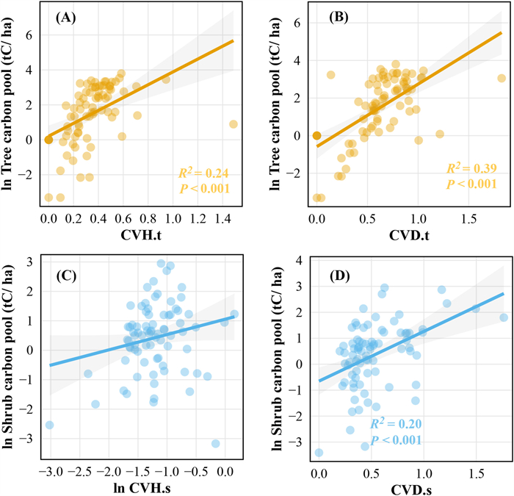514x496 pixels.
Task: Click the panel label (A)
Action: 65,18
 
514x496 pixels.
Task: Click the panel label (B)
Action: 339,18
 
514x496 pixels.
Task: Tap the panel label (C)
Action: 66,276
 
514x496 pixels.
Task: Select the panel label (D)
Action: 339,276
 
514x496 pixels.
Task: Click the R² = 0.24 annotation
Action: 203,173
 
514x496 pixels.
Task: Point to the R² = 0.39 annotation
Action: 471,168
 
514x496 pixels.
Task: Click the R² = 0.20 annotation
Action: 396,423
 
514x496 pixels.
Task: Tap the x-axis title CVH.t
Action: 141,235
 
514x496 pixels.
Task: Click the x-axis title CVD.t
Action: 409,235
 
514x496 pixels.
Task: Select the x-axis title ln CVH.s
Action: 142,488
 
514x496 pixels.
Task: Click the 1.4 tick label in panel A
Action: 223,218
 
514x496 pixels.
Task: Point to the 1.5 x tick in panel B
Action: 468,219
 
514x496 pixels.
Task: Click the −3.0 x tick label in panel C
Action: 51,472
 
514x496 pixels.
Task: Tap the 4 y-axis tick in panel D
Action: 300,260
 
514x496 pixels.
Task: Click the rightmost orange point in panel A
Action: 233,124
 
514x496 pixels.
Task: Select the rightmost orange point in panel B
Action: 502,78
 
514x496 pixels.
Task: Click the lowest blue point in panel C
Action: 215,444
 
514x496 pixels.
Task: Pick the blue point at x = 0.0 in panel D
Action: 319,453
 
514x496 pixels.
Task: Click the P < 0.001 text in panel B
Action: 471,184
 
